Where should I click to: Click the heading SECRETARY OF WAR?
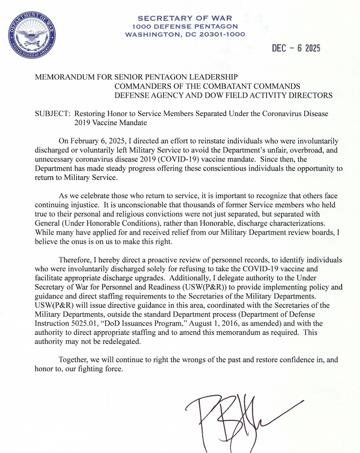point(185,18)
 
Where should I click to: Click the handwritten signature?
point(232,419)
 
